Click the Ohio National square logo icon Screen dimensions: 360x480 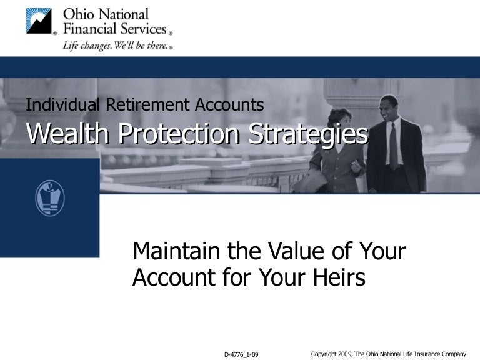point(39,21)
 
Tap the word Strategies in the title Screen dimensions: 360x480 point(309,133)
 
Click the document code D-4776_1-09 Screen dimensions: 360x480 point(241,354)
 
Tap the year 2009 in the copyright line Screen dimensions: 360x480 point(344,354)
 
